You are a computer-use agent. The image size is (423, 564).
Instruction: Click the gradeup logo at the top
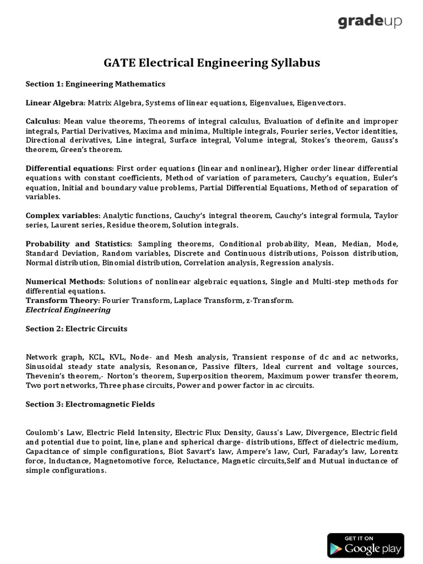coord(370,22)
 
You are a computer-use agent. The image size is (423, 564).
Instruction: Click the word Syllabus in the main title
coord(293,63)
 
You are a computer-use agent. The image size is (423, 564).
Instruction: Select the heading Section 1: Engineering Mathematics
coord(95,84)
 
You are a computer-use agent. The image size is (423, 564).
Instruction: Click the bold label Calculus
coord(43,121)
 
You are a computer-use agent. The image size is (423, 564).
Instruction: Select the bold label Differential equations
coord(69,168)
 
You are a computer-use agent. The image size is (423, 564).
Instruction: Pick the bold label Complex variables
coord(63,215)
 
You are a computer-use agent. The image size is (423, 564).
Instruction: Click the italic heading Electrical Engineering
coord(68,310)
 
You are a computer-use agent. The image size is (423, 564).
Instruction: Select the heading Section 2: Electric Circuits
coord(77,329)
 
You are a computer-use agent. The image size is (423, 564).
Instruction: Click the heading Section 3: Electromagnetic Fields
coord(90,404)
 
